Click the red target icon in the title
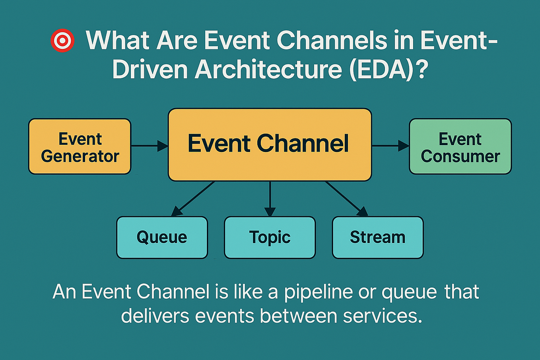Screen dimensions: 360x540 click(x=62, y=41)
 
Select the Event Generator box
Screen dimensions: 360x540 click(x=80, y=146)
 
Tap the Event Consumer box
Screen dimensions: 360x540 click(x=460, y=146)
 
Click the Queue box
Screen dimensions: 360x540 click(x=162, y=237)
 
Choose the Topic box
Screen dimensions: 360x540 click(x=270, y=237)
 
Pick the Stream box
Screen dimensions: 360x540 click(x=377, y=237)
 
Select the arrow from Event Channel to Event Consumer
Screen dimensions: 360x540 click(x=390, y=146)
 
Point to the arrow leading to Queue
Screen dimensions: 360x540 click(x=194, y=198)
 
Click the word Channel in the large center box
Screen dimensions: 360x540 click(x=303, y=143)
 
